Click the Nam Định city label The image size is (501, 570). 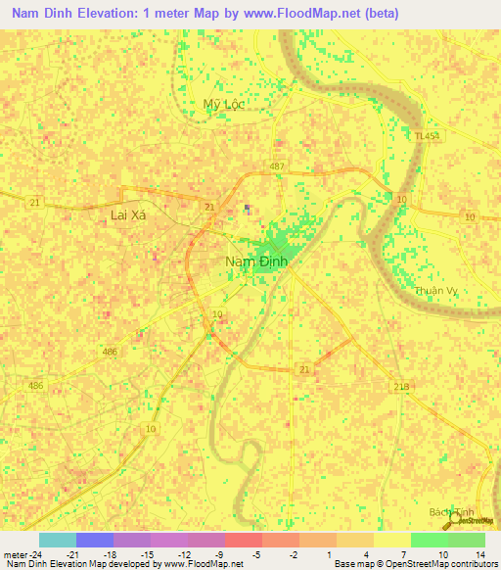point(253,261)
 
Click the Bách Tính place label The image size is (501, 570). point(451,512)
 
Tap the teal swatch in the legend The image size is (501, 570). point(58,539)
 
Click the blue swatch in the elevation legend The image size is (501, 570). point(95,539)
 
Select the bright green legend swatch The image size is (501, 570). point(429,539)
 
